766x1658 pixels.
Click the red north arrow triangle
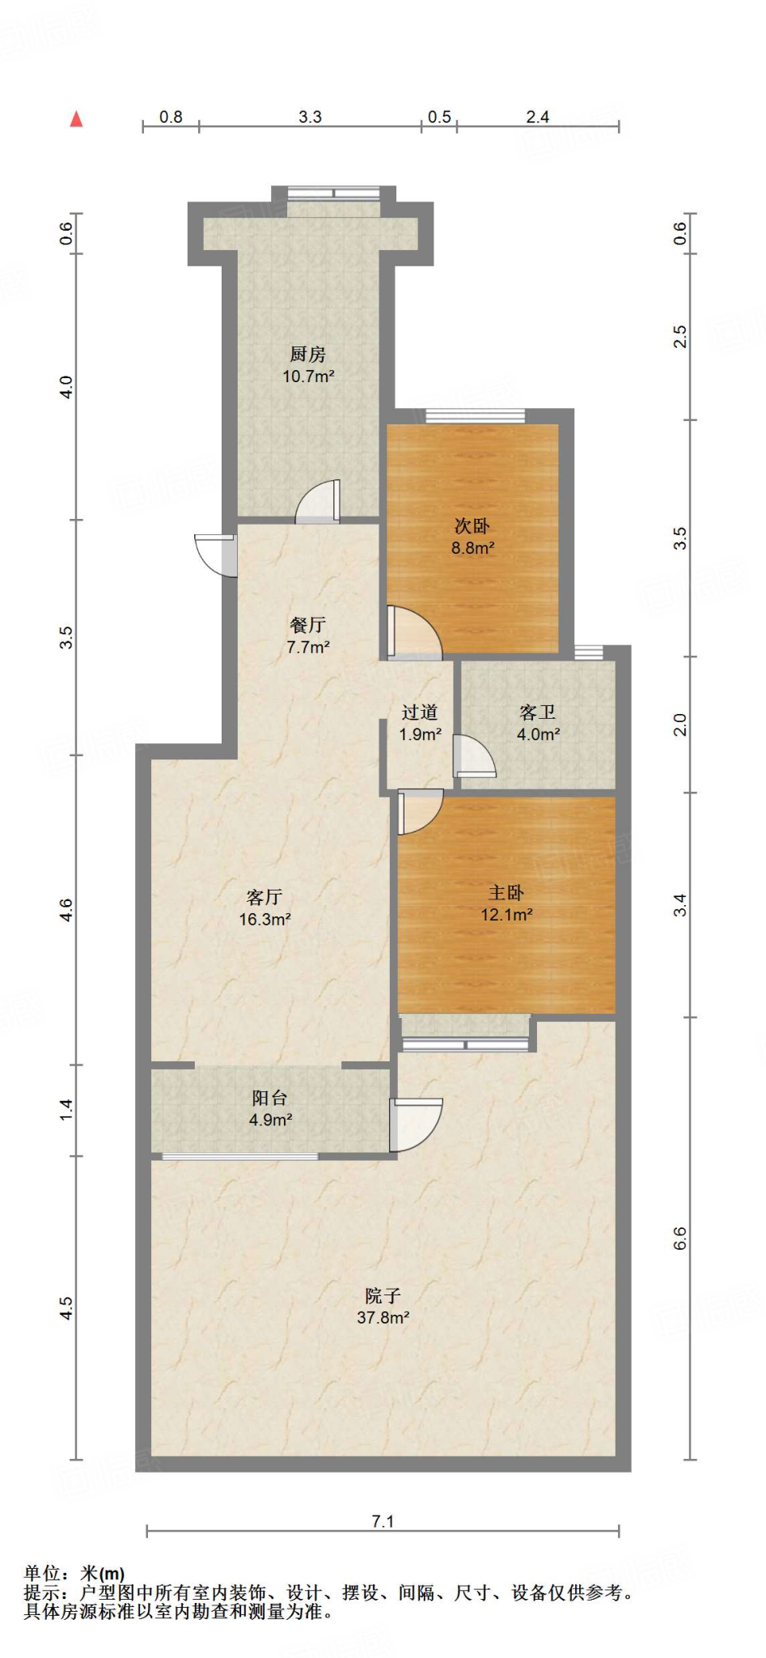pyautogui.click(x=77, y=119)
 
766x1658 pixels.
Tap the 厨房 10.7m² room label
pyautogui.click(x=308, y=365)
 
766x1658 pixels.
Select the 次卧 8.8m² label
pyautogui.click(x=472, y=537)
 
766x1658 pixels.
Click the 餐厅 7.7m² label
pyautogui.click(x=308, y=636)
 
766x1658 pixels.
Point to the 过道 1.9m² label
pyautogui.click(x=421, y=723)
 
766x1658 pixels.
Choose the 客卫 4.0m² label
pyautogui.click(x=539, y=723)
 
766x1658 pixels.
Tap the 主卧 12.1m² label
pyautogui.click(x=507, y=903)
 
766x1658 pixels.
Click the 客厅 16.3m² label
pyautogui.click(x=265, y=908)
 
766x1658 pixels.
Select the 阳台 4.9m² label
pyautogui.click(x=270, y=1109)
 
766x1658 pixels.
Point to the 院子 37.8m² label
pyautogui.click(x=383, y=1307)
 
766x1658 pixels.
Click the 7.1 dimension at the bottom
pyautogui.click(x=383, y=1522)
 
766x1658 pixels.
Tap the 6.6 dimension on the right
pyautogui.click(x=680, y=1239)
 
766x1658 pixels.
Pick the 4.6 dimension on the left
pyautogui.click(x=67, y=910)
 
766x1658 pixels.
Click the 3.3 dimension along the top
pyautogui.click(x=310, y=117)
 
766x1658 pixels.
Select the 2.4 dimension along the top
pyautogui.click(x=538, y=117)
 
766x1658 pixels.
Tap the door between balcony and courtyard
pyautogui.click(x=416, y=1124)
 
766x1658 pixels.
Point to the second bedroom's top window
pyautogui.click(x=475, y=416)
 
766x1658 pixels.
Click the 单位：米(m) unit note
pyautogui.click(x=74, y=1572)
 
